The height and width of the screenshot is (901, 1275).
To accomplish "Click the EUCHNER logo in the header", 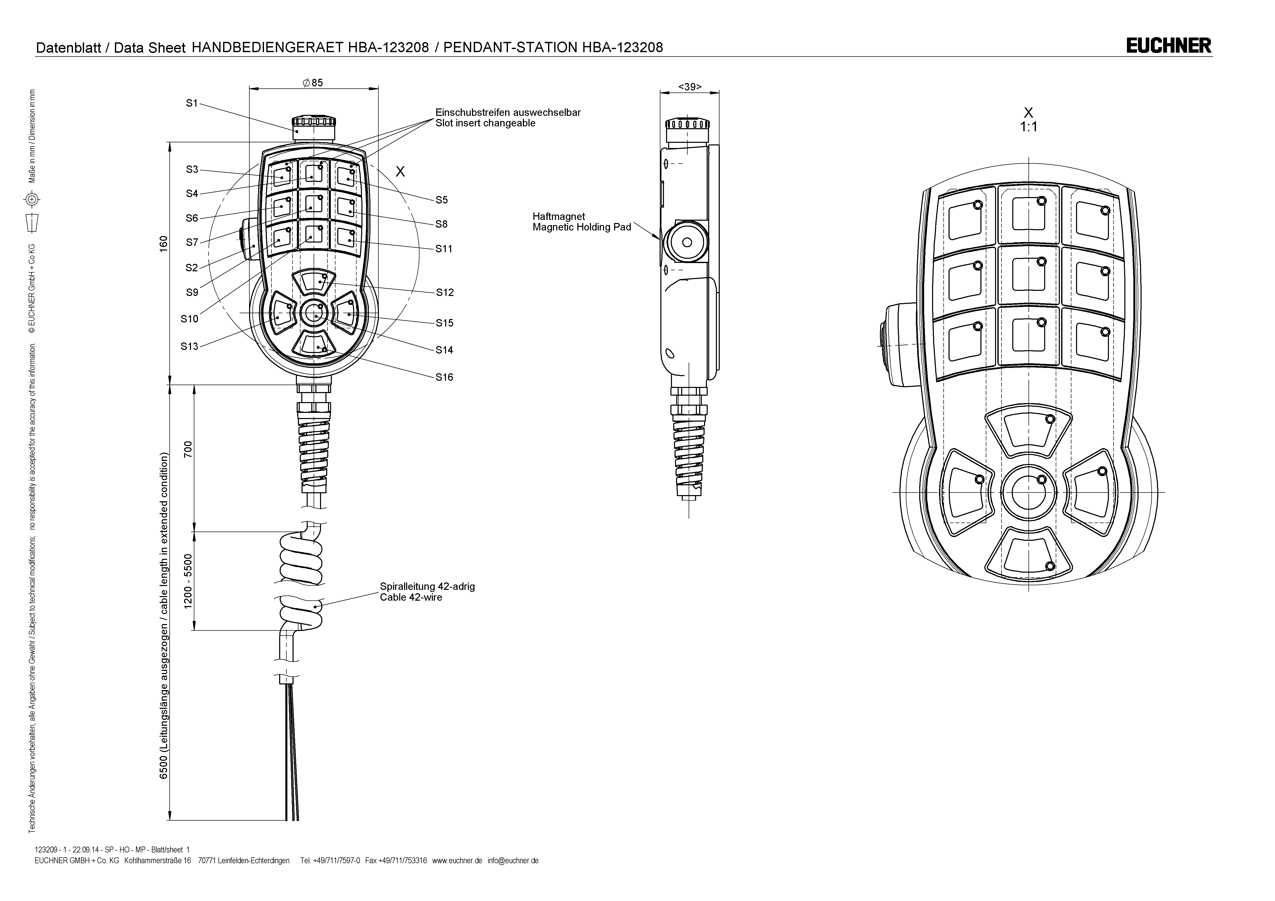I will (1168, 45).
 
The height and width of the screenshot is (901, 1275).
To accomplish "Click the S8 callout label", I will (441, 224).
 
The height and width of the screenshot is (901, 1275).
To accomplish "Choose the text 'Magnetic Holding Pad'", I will (581, 227).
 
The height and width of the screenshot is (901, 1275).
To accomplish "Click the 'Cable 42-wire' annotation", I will (411, 597).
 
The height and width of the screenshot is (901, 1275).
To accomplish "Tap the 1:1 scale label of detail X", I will (1028, 127).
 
